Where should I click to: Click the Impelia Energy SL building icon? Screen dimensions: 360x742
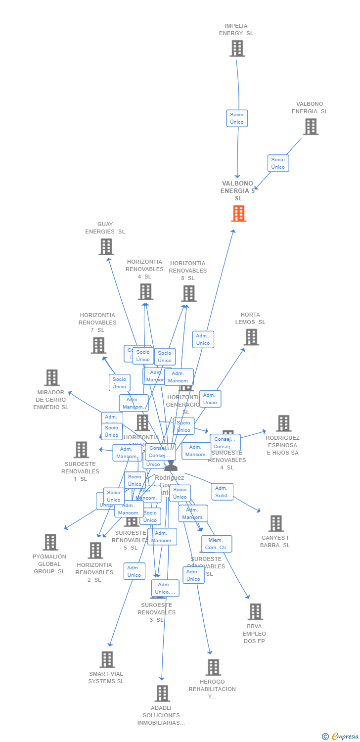point(237,48)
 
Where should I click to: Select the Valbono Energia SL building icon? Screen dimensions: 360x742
point(310,127)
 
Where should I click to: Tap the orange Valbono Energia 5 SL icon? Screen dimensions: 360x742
point(238,213)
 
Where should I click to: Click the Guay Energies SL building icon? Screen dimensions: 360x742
point(106,246)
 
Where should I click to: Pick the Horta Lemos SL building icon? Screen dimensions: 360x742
point(251,337)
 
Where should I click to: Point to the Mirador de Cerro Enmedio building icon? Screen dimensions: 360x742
point(51,377)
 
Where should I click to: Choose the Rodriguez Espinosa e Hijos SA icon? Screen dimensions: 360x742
point(283,423)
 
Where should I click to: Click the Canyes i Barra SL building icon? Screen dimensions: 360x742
point(275,523)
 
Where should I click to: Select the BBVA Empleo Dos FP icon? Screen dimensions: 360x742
point(255,612)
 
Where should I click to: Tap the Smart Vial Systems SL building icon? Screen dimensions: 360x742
point(107,659)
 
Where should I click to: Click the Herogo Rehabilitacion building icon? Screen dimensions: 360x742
point(213,667)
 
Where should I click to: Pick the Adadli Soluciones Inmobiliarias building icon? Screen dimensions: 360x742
point(162,694)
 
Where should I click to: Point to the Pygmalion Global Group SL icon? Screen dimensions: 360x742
point(50,542)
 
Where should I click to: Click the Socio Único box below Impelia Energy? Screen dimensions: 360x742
point(237,118)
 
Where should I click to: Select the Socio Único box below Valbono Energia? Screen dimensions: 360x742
point(278,163)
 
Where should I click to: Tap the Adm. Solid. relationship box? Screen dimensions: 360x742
point(222,492)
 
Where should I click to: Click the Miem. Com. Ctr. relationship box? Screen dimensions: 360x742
point(216,544)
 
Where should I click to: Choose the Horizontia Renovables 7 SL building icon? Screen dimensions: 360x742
point(98,345)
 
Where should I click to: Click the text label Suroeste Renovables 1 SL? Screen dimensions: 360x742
point(80,471)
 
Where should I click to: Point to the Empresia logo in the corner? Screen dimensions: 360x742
point(341,737)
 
